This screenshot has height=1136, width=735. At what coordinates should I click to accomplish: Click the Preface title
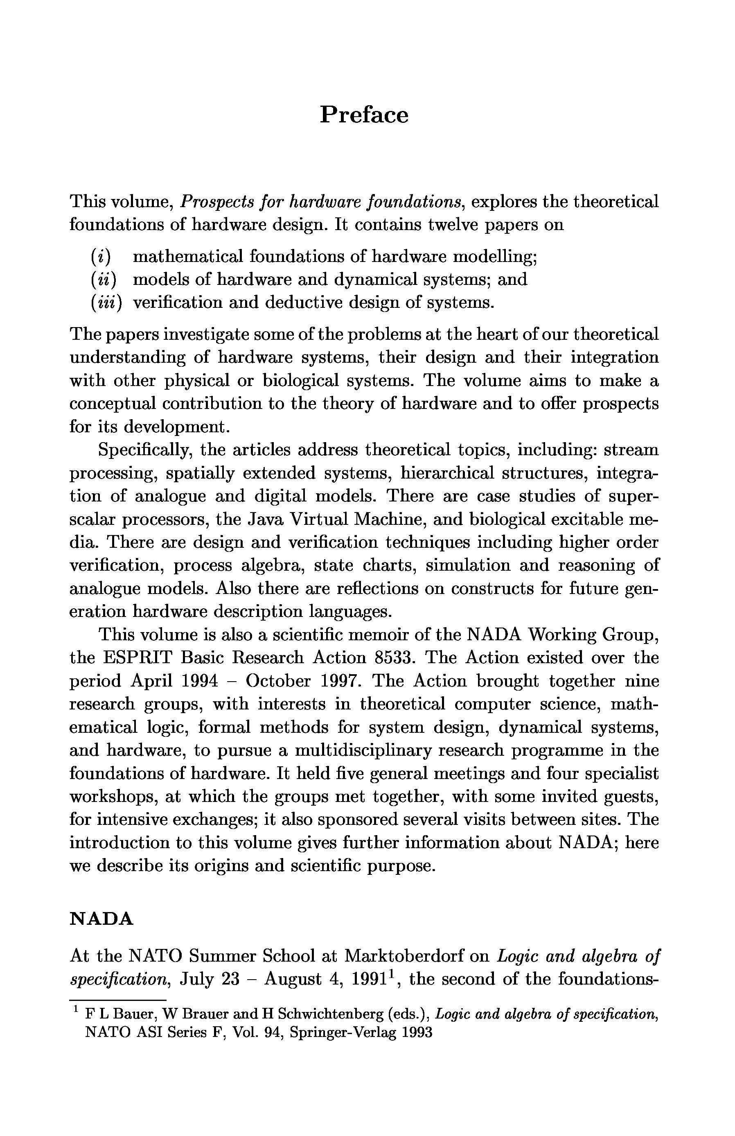click(x=364, y=115)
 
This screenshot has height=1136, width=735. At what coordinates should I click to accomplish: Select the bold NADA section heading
click(x=101, y=919)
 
